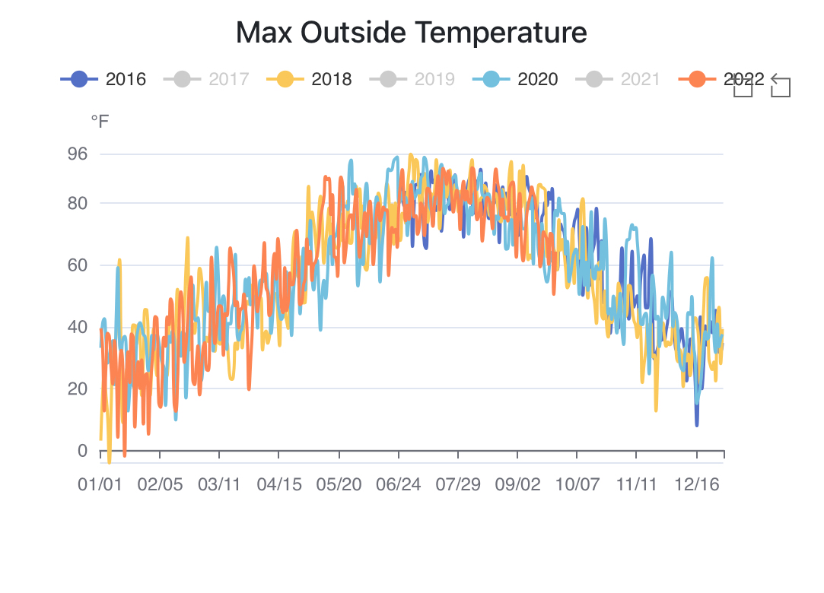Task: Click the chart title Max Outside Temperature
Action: pyautogui.click(x=411, y=33)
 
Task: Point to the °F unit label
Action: pyautogui.click(x=100, y=122)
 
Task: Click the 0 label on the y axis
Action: pyautogui.click(x=82, y=451)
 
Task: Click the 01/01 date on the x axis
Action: pyautogui.click(x=100, y=485)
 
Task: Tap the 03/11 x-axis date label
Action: pyautogui.click(x=219, y=485)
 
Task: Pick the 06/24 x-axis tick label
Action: pyautogui.click(x=398, y=485)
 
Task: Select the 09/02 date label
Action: pyautogui.click(x=517, y=485)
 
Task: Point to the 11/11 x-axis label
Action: pyautogui.click(x=636, y=485)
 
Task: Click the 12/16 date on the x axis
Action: pyautogui.click(x=696, y=485)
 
